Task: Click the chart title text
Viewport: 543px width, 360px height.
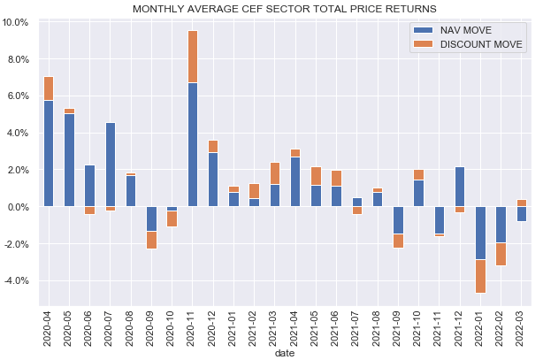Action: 284,9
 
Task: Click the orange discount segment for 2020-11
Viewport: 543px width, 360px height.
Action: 193,57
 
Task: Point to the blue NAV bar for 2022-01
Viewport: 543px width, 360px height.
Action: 481,233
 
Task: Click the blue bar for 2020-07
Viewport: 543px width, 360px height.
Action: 111,165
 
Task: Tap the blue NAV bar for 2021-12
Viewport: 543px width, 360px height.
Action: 460,187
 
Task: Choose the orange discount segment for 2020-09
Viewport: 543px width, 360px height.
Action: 152,240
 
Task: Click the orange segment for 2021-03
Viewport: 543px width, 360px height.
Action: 275,173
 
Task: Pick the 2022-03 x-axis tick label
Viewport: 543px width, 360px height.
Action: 522,324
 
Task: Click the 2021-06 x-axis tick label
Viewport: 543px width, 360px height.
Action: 337,324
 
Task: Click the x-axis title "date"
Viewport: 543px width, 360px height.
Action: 284,352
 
